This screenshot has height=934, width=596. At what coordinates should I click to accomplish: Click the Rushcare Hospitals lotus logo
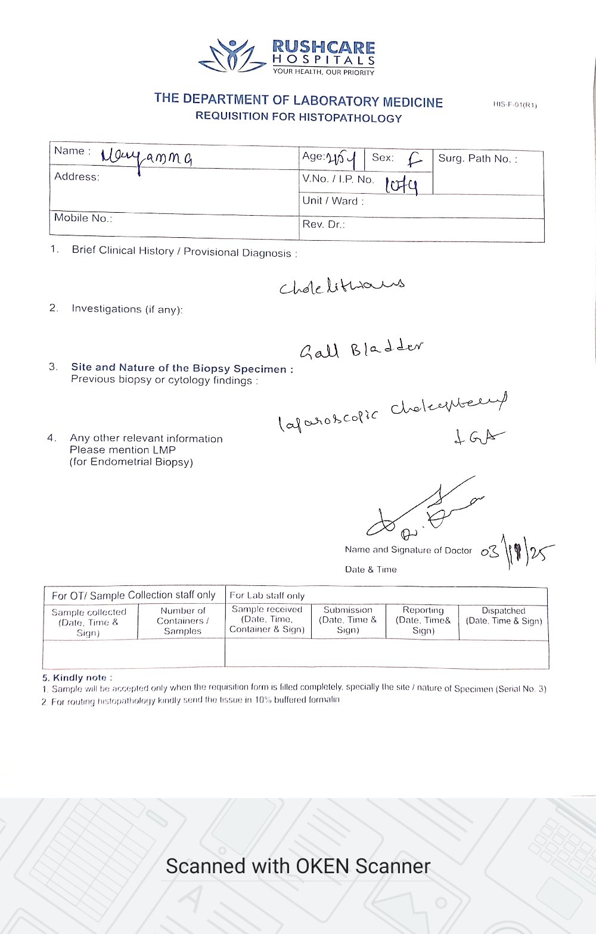(232, 57)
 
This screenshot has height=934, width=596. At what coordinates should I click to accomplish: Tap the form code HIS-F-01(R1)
(515, 105)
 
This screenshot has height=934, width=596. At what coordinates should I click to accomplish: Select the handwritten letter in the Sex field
(415, 159)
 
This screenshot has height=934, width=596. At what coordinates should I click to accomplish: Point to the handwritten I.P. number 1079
(401, 185)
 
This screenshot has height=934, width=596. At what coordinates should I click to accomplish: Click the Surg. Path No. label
(477, 159)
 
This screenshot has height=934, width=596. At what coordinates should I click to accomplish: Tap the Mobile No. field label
(83, 218)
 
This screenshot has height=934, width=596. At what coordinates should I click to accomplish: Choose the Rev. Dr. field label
(324, 225)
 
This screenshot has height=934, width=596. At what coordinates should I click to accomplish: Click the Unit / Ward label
(333, 201)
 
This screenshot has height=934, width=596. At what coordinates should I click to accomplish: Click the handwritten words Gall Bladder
(361, 349)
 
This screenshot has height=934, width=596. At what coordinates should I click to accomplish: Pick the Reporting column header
(423, 620)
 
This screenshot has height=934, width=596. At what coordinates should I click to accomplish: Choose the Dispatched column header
(504, 616)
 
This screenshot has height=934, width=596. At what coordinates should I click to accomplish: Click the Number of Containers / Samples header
(182, 620)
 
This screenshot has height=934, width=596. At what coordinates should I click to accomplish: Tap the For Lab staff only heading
(267, 595)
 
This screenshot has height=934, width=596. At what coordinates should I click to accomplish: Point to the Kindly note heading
(77, 678)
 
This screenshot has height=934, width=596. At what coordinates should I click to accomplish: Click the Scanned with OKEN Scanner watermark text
(298, 866)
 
